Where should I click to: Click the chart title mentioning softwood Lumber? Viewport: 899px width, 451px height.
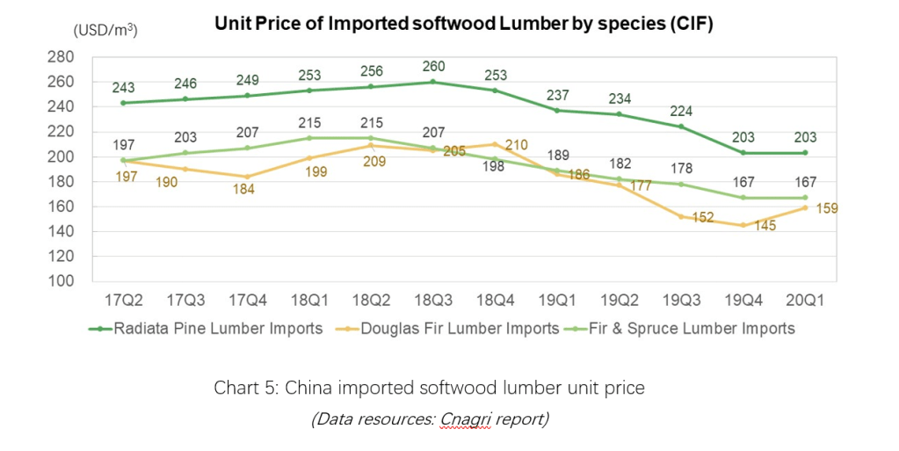[x=463, y=24]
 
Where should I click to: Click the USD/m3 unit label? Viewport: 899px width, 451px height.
[x=105, y=29]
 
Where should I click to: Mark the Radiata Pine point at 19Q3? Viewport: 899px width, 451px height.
[x=681, y=127]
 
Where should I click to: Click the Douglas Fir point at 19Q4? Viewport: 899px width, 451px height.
[x=743, y=225]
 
